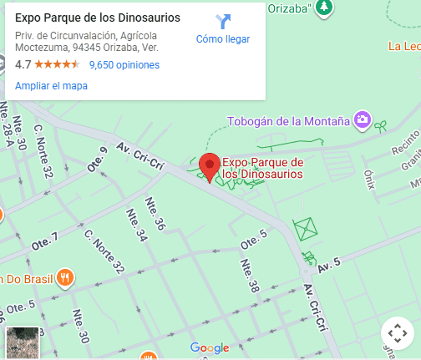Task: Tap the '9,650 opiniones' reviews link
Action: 124,64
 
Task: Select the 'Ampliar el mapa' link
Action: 51,85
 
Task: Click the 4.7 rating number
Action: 23,64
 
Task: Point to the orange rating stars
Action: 58,64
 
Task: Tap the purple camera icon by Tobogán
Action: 362,119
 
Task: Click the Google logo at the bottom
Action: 209,347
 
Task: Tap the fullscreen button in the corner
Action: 397,333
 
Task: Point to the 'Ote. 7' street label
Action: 45,243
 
